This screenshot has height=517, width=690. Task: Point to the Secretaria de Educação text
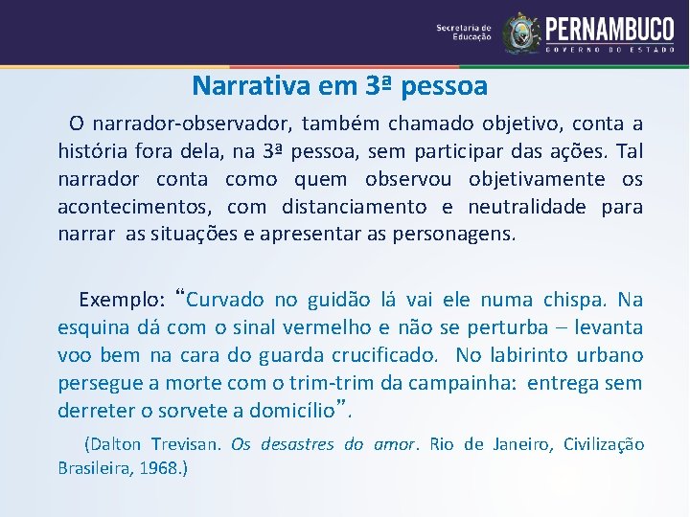click(x=464, y=33)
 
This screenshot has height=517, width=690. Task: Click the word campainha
click(x=439, y=383)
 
